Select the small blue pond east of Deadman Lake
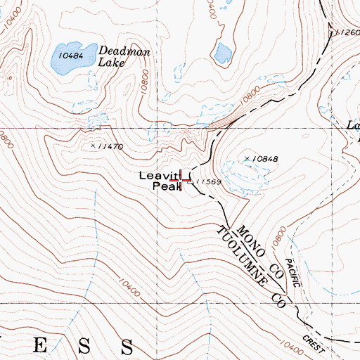point(224,52)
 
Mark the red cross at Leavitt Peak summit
point(184,180)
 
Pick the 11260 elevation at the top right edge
point(347,32)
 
